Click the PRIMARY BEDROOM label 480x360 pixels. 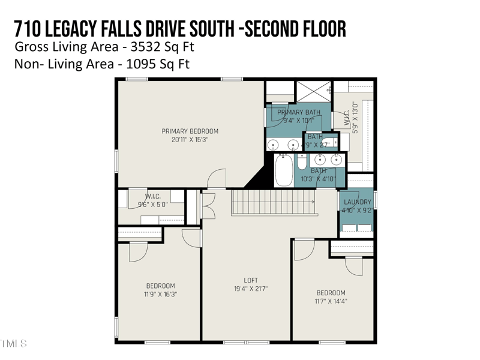pyautogui.click(x=190, y=131)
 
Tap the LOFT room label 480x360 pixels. pyautogui.click(x=251, y=280)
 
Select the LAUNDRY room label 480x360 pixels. pyautogui.click(x=356, y=202)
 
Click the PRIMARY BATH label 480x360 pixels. pyautogui.click(x=299, y=112)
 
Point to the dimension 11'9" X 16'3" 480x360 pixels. pyautogui.click(x=160, y=294)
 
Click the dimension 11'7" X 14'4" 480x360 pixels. pyautogui.click(x=331, y=301)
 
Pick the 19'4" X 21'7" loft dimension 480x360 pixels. pyautogui.click(x=251, y=289)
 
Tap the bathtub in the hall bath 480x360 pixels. pyautogui.click(x=284, y=170)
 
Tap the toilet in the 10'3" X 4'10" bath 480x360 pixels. pyautogui.click(x=302, y=163)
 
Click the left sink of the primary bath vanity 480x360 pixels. pyautogui.click(x=274, y=145)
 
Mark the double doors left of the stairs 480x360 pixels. pyautogui.click(x=208, y=206)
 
